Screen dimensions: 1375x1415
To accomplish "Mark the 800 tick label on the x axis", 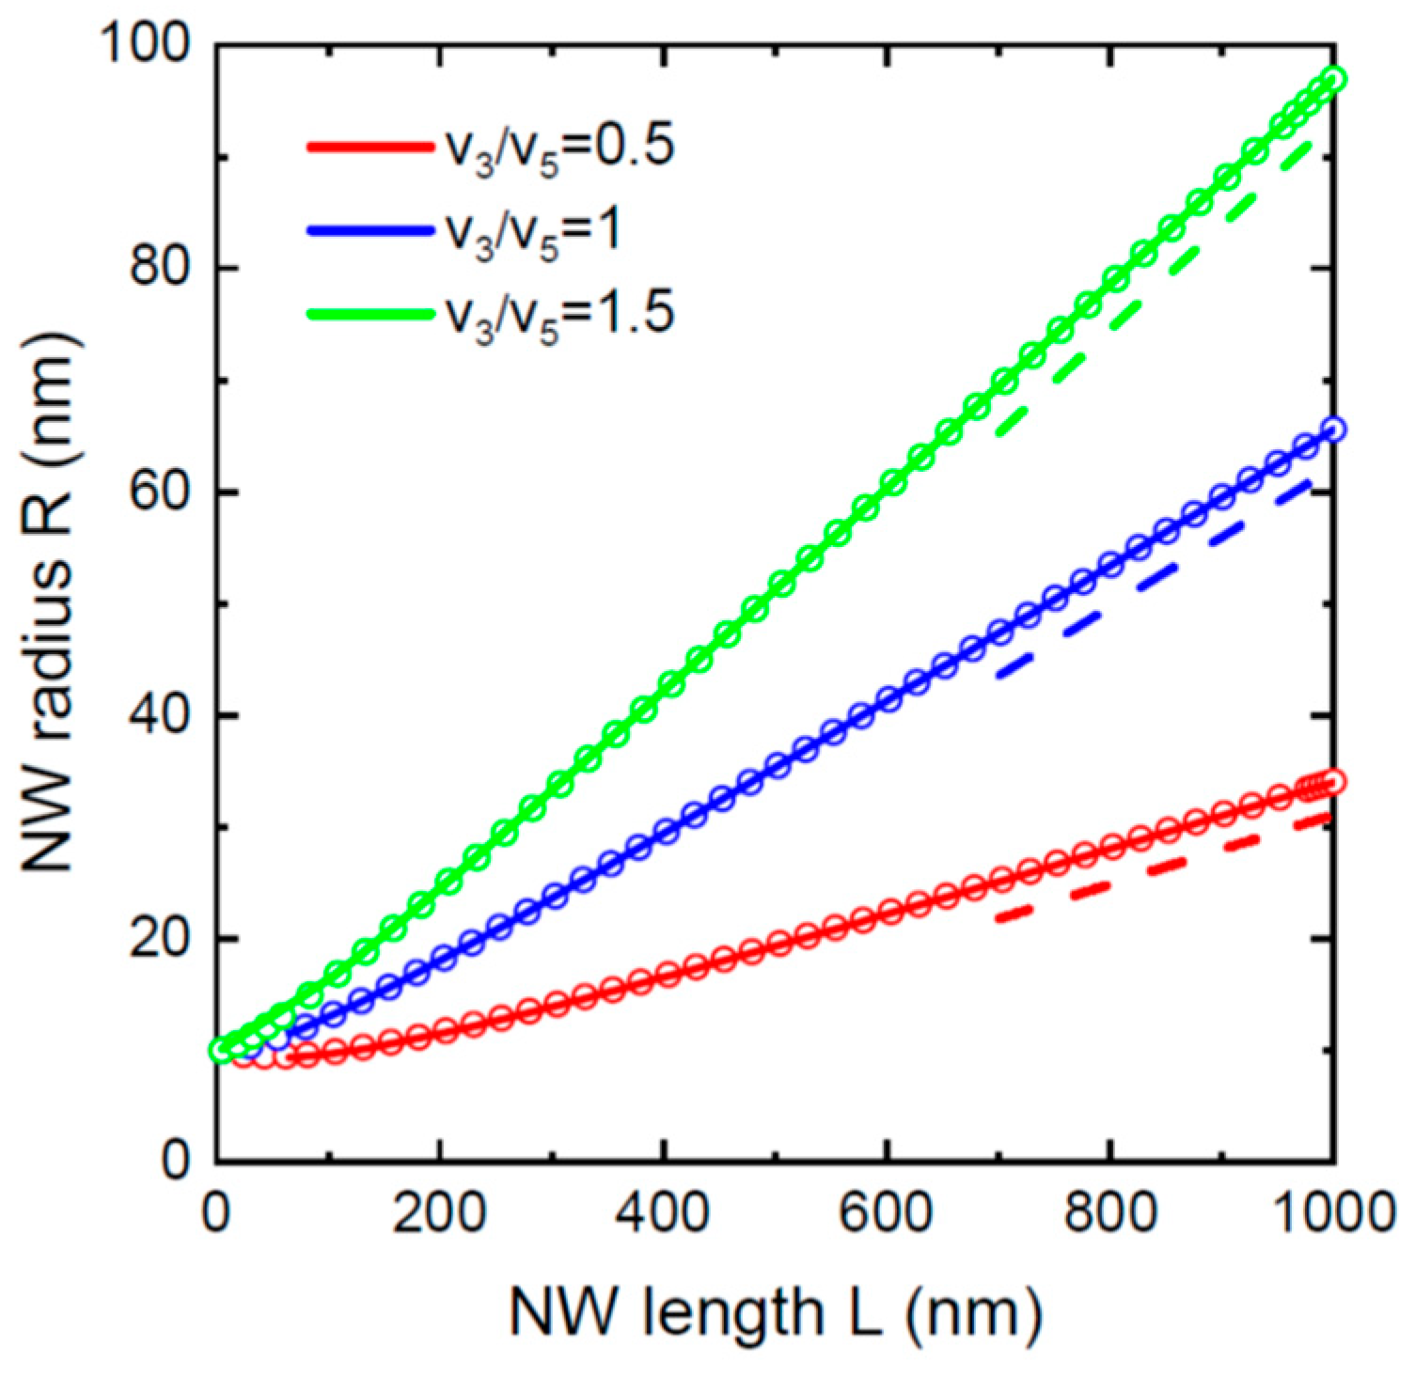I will pyautogui.click(x=1109, y=1212).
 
